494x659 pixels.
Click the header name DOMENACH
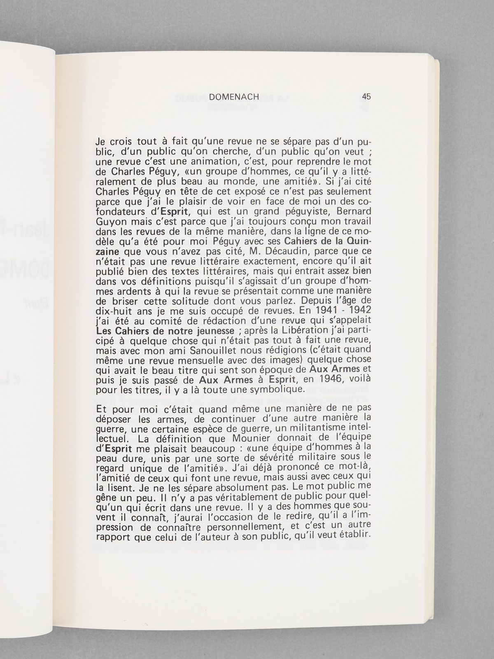click(233, 97)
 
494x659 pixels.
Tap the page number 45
click(366, 97)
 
